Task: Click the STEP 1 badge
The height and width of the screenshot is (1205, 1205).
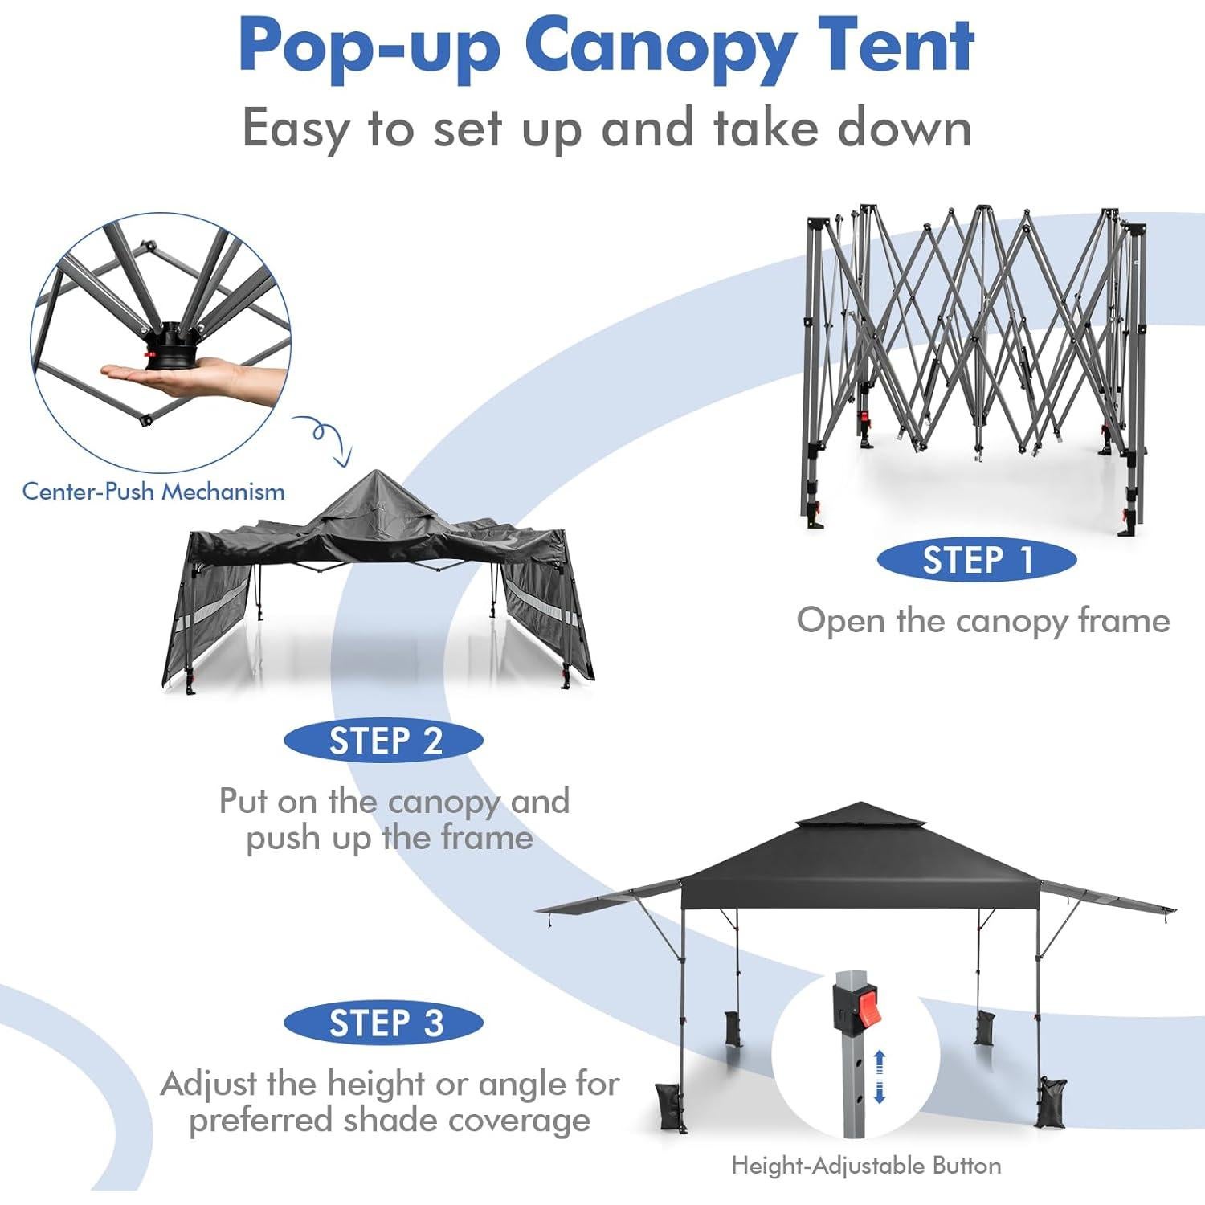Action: pos(976,560)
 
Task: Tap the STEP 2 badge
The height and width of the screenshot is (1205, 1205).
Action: pos(383,740)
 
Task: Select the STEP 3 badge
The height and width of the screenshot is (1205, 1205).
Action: pos(383,1023)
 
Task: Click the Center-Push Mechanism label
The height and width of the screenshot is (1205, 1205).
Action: pos(153,492)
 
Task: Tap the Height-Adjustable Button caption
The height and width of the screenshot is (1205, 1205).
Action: pos(866,1166)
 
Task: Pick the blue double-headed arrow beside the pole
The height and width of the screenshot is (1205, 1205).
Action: pos(879,1076)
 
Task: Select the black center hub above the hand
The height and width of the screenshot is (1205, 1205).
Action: pos(170,345)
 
